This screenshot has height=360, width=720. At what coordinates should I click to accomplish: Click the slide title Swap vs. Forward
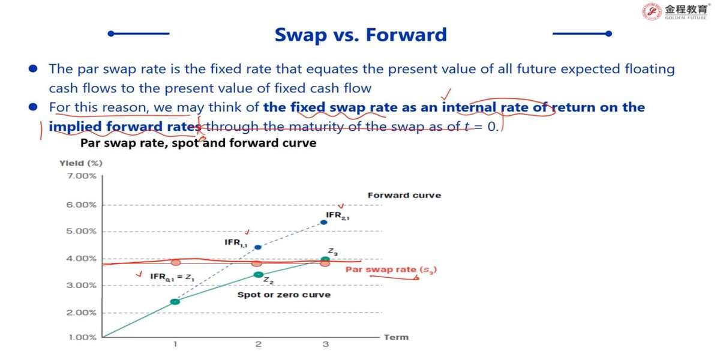tap(361, 35)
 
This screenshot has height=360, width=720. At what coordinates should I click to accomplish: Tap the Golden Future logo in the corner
tap(676, 11)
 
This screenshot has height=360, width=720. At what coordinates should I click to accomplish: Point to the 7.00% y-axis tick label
tap(82, 176)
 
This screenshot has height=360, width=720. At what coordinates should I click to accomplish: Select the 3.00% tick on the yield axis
tap(82, 286)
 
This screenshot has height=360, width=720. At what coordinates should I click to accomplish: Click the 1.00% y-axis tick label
tap(82, 337)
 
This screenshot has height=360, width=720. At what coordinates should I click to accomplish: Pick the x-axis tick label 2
tap(259, 344)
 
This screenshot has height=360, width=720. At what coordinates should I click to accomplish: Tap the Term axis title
tap(397, 337)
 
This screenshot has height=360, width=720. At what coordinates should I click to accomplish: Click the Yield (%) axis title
tap(81, 163)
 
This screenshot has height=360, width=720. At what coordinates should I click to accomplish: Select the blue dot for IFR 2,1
tap(324, 222)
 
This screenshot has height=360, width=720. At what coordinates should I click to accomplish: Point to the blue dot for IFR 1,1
tap(258, 247)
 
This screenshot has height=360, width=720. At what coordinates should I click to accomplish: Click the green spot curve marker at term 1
tap(175, 301)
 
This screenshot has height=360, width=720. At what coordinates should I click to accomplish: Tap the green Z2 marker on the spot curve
tap(259, 275)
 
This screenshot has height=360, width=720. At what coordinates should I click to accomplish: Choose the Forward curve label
tap(404, 195)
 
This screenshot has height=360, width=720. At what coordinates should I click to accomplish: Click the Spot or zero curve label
tap(284, 295)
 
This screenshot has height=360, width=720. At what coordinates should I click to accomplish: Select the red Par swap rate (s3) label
tap(391, 269)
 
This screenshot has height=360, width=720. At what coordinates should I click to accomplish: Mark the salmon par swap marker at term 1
tap(176, 263)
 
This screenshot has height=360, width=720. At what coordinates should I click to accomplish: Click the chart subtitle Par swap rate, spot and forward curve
tap(199, 143)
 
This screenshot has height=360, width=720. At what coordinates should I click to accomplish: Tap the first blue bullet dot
tap(33, 68)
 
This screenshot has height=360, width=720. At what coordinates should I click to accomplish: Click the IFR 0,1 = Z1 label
tap(172, 277)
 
